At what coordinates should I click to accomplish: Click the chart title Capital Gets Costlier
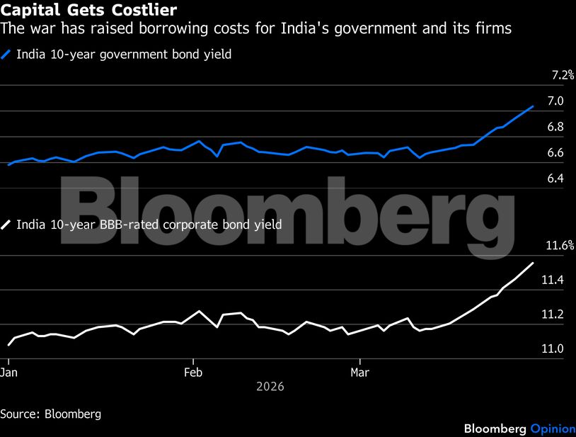coord(88,10)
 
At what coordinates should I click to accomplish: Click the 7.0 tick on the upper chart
coord(555,101)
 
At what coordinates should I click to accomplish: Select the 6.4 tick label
coord(555,178)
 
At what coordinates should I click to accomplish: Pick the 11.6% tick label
coord(560,246)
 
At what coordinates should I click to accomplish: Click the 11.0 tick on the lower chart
coord(552,348)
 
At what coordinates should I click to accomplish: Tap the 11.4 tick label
coord(552,280)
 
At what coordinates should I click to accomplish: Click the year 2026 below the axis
coord(270,387)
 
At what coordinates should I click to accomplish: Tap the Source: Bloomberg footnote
coord(50,414)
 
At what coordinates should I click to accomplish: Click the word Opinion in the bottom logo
coord(549,429)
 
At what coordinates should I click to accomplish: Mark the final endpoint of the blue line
coord(533,106)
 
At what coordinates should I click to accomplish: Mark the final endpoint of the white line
coord(533,263)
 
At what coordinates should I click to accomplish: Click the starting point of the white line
coord(8,345)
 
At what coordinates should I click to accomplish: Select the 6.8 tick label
coord(555,127)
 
